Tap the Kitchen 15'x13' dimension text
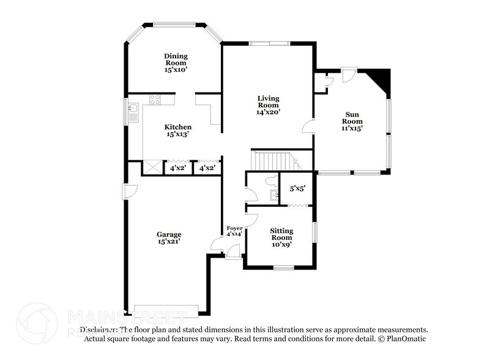click(x=178, y=135)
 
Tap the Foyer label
click(x=234, y=228)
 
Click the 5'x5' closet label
click(x=297, y=189)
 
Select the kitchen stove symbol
click(x=155, y=100)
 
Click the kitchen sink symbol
click(x=133, y=111)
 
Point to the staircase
click(x=274, y=161)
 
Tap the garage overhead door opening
click(x=166, y=310)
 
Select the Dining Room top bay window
click(x=174, y=24)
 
